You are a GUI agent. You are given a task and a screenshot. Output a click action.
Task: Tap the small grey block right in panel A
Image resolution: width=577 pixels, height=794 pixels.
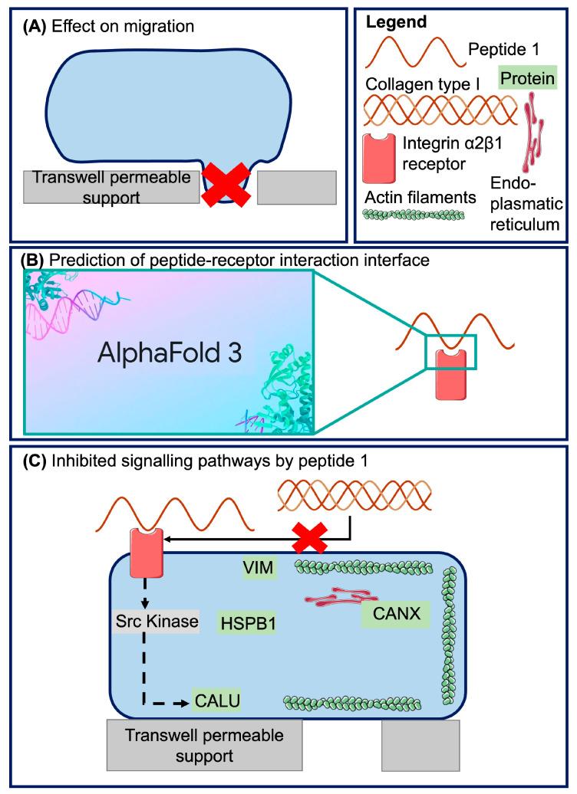295,187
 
